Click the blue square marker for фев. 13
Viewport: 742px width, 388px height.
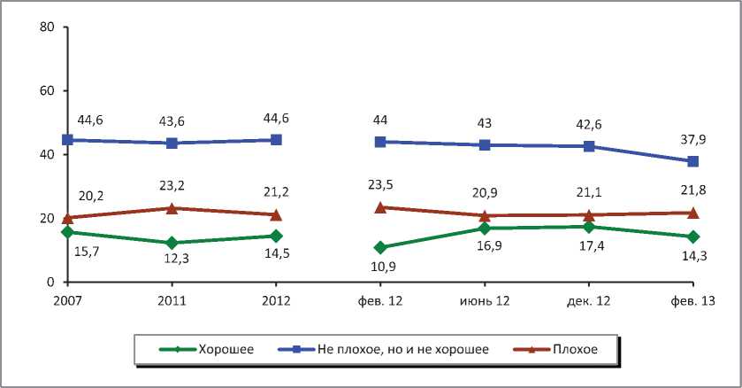(692, 161)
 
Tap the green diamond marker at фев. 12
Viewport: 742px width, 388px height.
(380, 247)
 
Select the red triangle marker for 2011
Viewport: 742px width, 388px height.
(172, 208)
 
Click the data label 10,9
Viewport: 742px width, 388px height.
(380, 267)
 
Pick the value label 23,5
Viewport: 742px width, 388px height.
(380, 186)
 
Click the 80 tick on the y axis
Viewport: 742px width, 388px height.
(49, 27)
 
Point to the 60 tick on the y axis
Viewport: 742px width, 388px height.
(49, 91)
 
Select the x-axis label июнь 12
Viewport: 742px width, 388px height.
(485, 301)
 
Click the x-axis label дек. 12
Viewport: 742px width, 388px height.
(588, 301)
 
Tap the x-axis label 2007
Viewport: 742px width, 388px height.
(67, 301)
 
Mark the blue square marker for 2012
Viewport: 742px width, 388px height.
(276, 140)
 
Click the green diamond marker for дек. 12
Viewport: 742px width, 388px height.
(588, 227)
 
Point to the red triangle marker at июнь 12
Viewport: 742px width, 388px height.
(485, 215)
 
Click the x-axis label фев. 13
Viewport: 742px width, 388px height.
(692, 301)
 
